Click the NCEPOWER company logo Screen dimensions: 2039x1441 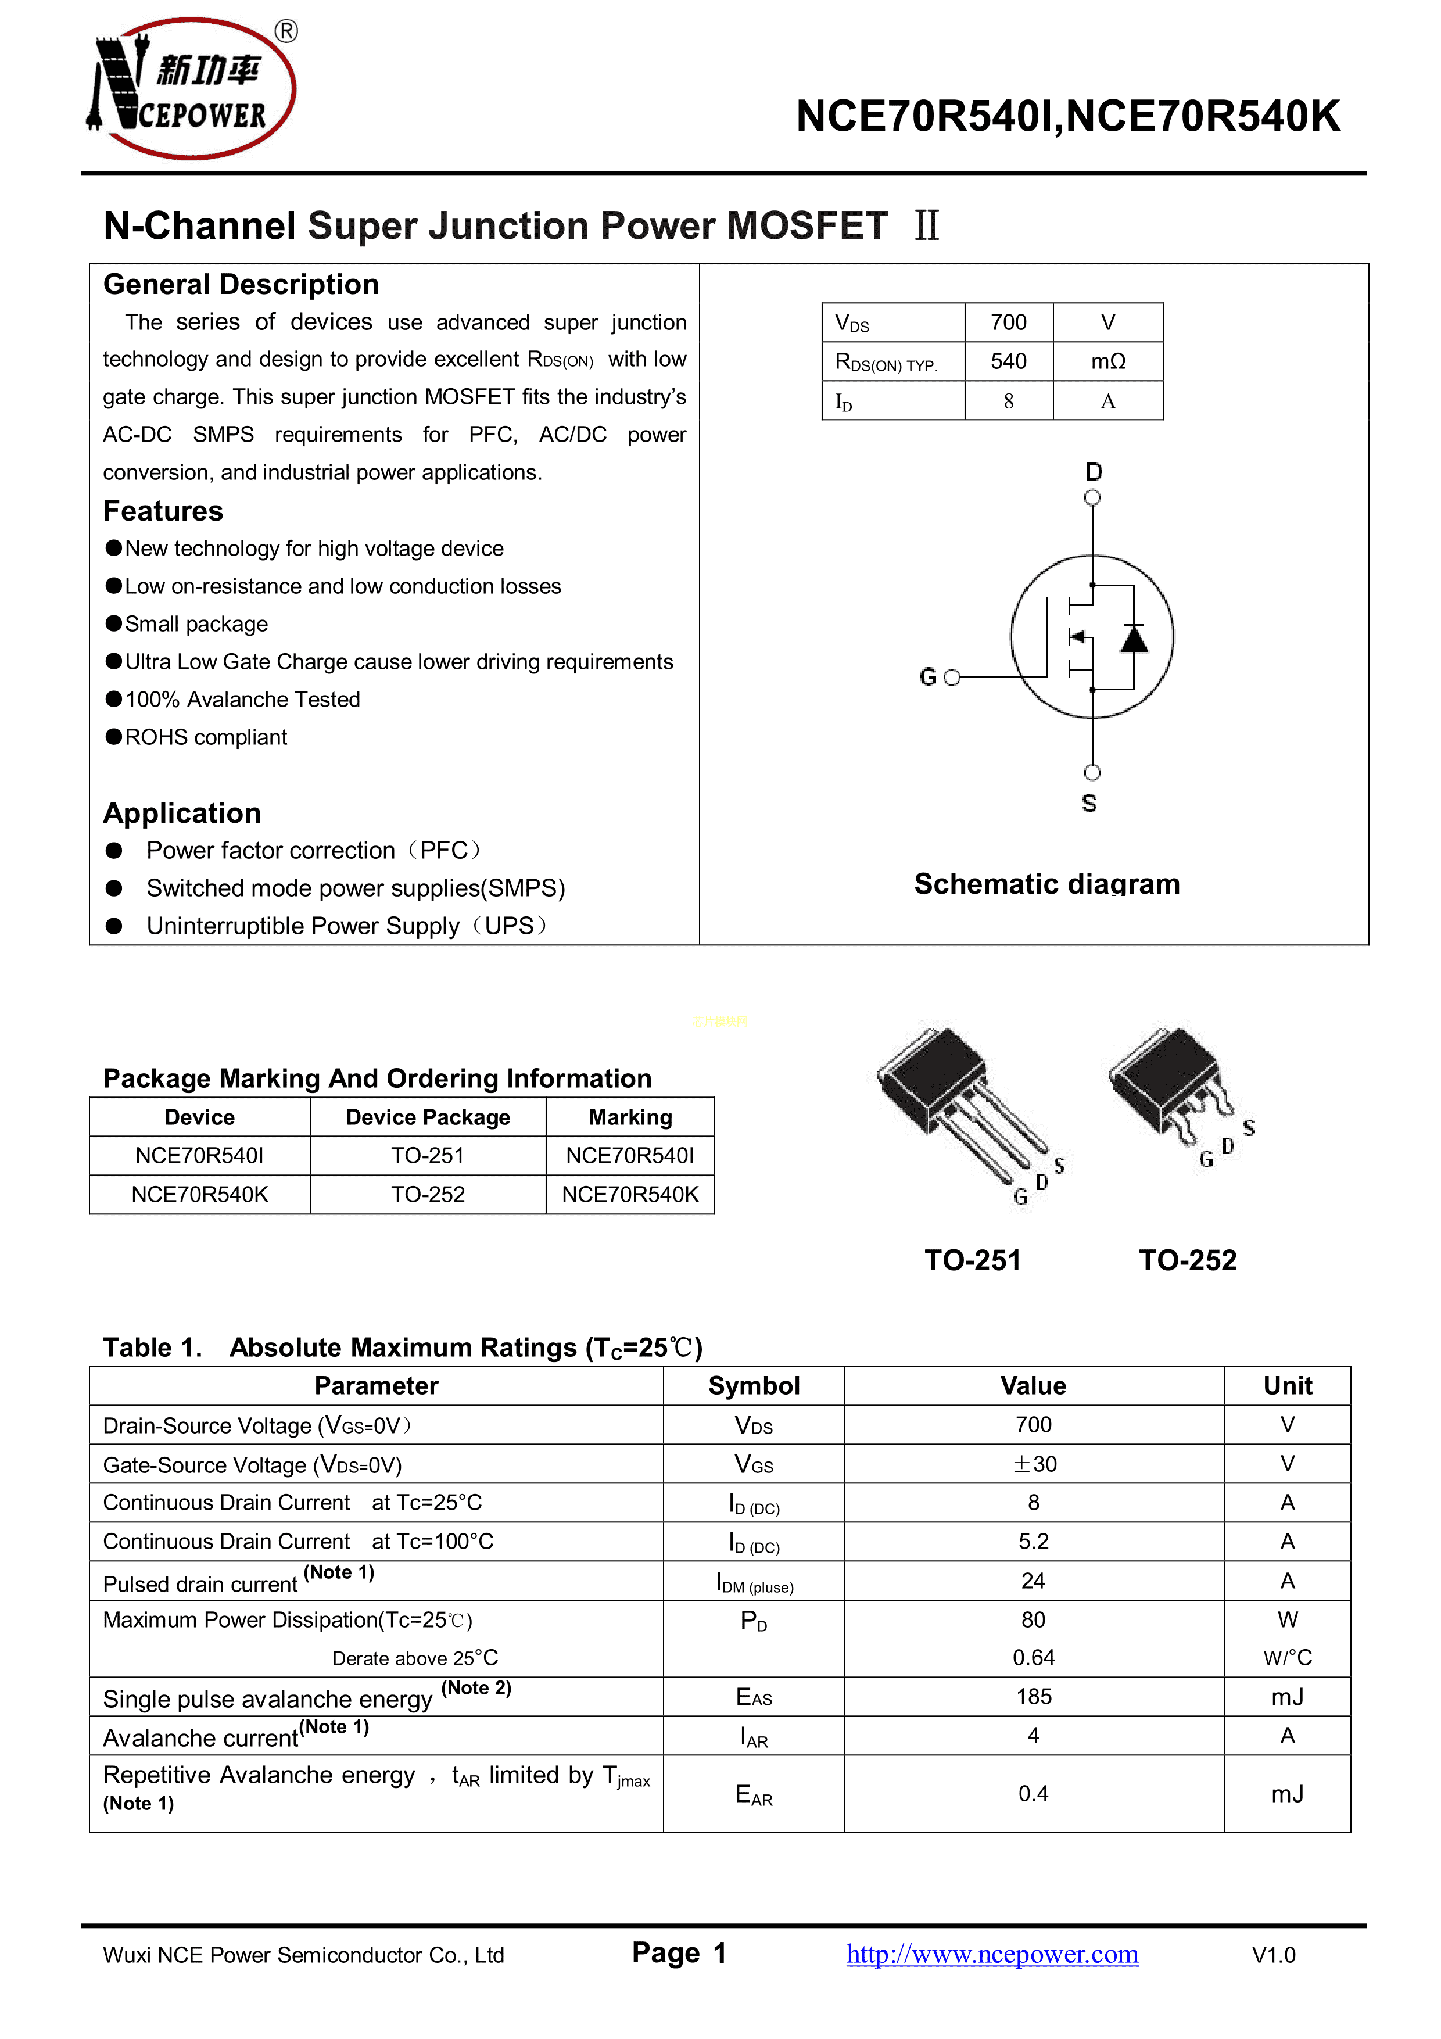click(x=191, y=89)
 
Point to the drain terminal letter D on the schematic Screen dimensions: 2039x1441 click(x=1094, y=472)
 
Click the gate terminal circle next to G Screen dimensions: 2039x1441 click(x=952, y=678)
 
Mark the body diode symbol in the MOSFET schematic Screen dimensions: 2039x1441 click(x=1134, y=637)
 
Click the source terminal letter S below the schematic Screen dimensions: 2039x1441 click(x=1089, y=803)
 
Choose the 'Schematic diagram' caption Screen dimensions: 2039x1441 click(x=1047, y=884)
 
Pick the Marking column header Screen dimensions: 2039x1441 click(x=630, y=1117)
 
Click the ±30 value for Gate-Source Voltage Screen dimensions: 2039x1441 click(x=1034, y=1464)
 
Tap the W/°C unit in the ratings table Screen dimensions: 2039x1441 click(x=1288, y=1657)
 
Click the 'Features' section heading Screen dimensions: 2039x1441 click(x=163, y=511)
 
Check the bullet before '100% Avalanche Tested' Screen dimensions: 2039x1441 click(x=114, y=699)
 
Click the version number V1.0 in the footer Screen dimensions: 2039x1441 click(x=1273, y=1955)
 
